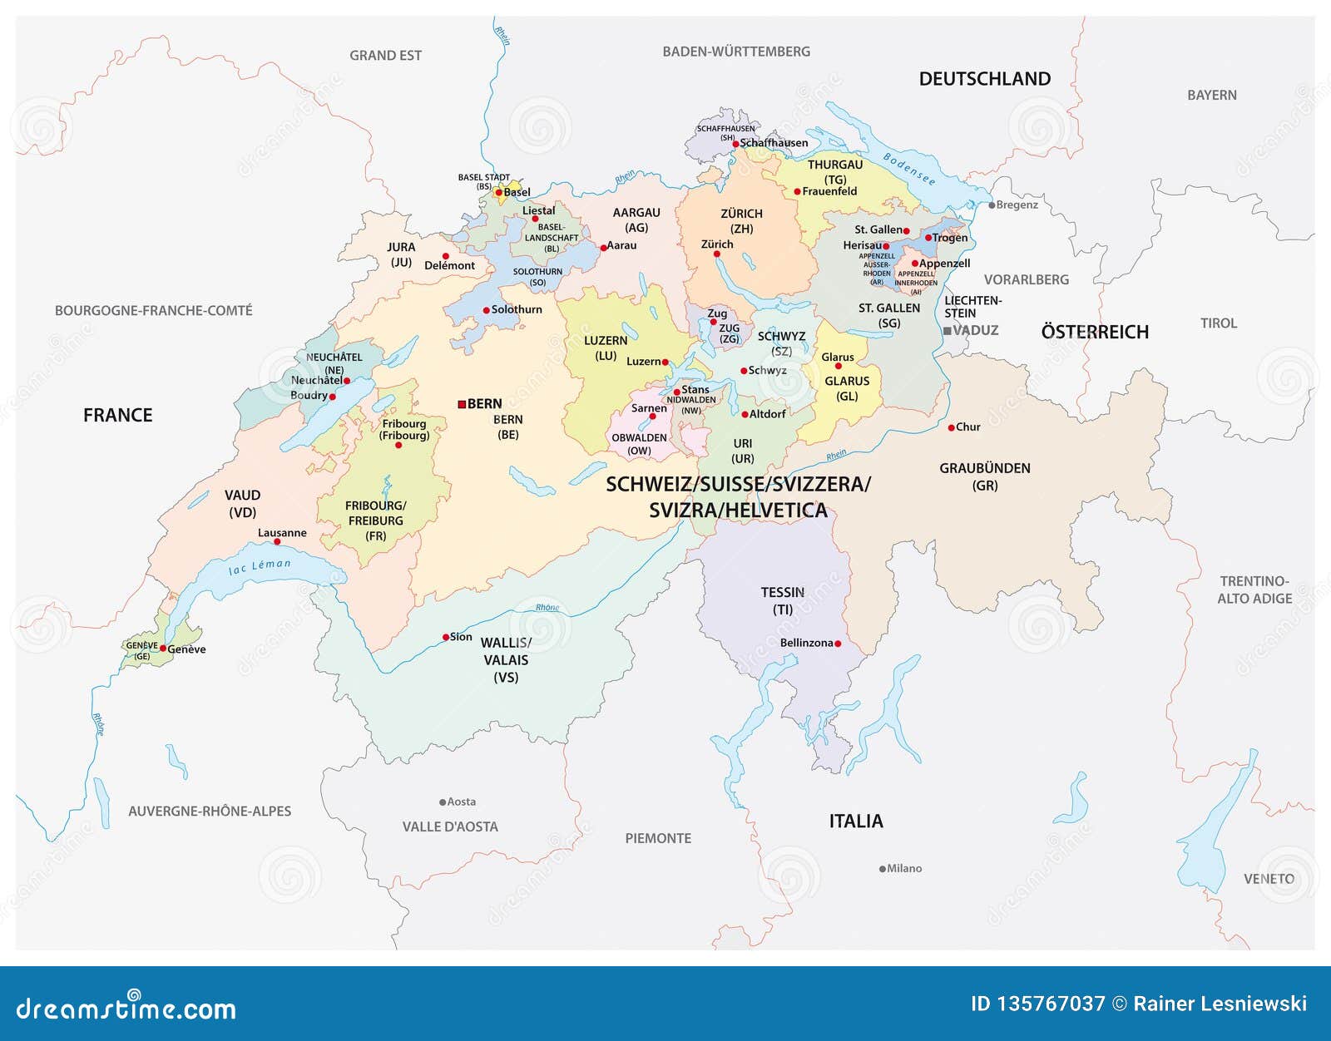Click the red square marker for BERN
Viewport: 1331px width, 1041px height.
tap(462, 404)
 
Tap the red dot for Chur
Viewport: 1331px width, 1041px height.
tap(952, 427)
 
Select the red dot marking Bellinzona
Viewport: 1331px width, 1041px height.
tap(838, 644)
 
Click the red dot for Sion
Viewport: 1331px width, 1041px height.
tap(445, 638)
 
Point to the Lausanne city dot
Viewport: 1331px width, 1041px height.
tap(277, 542)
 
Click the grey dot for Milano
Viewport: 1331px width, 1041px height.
tap(882, 869)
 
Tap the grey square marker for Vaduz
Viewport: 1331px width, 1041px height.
tap(947, 331)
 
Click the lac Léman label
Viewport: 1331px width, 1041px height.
tap(260, 567)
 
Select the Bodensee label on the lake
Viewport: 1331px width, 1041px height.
tap(908, 169)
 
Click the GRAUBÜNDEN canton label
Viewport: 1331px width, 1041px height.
tap(984, 476)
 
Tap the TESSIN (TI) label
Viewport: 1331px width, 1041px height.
tap(782, 600)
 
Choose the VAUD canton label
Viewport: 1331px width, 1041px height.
tap(242, 503)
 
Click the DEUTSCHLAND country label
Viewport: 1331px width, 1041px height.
tap(984, 79)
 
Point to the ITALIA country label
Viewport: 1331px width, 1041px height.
tap(855, 821)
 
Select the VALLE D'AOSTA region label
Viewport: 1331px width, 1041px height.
tap(450, 826)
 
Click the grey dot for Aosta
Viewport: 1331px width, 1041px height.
tap(443, 802)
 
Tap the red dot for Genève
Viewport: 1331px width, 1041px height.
tap(163, 649)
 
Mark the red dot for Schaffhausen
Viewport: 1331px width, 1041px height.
tap(735, 144)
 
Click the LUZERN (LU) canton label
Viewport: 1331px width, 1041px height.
tap(605, 348)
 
